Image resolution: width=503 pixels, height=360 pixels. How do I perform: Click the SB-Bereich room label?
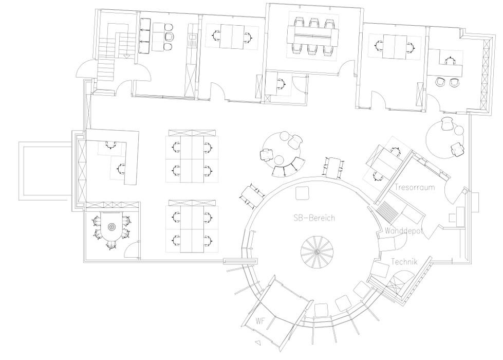pos(314,218)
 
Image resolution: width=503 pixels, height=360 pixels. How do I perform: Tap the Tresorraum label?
pos(415,187)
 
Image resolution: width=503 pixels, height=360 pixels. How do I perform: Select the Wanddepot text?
pos(403,231)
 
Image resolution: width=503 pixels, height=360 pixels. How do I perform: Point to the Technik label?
pos(404,262)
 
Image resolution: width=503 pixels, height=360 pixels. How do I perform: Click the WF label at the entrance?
pos(260,321)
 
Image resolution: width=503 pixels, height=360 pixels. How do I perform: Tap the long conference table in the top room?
pos(313,34)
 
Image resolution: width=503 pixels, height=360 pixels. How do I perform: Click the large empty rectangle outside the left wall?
pos(45,171)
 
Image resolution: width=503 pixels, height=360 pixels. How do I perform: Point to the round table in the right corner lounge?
pos(445,138)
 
